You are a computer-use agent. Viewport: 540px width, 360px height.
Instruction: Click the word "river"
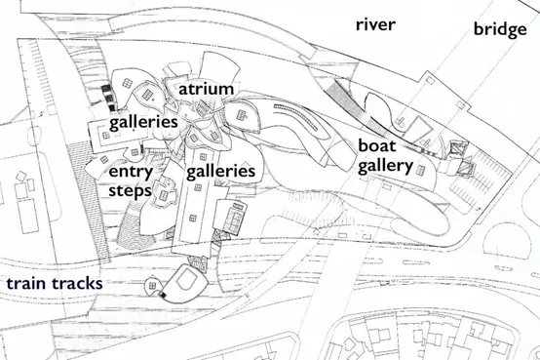375,24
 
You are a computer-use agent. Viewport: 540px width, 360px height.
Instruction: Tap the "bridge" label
500,29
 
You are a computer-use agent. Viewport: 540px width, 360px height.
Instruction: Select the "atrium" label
206,90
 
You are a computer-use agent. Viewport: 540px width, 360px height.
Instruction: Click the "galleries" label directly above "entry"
143,122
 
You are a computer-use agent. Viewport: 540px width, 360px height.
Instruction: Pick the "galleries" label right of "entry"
220,171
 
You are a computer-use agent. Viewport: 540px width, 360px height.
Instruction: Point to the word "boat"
377,145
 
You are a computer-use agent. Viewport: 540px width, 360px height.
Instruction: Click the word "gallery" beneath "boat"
385,166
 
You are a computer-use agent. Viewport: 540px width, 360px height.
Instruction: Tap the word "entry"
131,172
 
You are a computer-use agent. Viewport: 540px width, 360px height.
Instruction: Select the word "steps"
130,191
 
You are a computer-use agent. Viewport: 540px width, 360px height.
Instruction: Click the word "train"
26,284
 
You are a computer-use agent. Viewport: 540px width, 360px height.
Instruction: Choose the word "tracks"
77,284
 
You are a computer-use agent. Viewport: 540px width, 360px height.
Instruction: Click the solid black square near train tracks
163,295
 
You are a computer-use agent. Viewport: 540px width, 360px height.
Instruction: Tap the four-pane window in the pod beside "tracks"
152,285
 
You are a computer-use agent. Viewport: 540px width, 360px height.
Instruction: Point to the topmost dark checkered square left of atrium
106,88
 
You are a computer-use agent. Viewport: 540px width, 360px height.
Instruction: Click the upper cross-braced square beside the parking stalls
458,148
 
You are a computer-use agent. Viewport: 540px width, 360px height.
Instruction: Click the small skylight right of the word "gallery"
420,170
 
